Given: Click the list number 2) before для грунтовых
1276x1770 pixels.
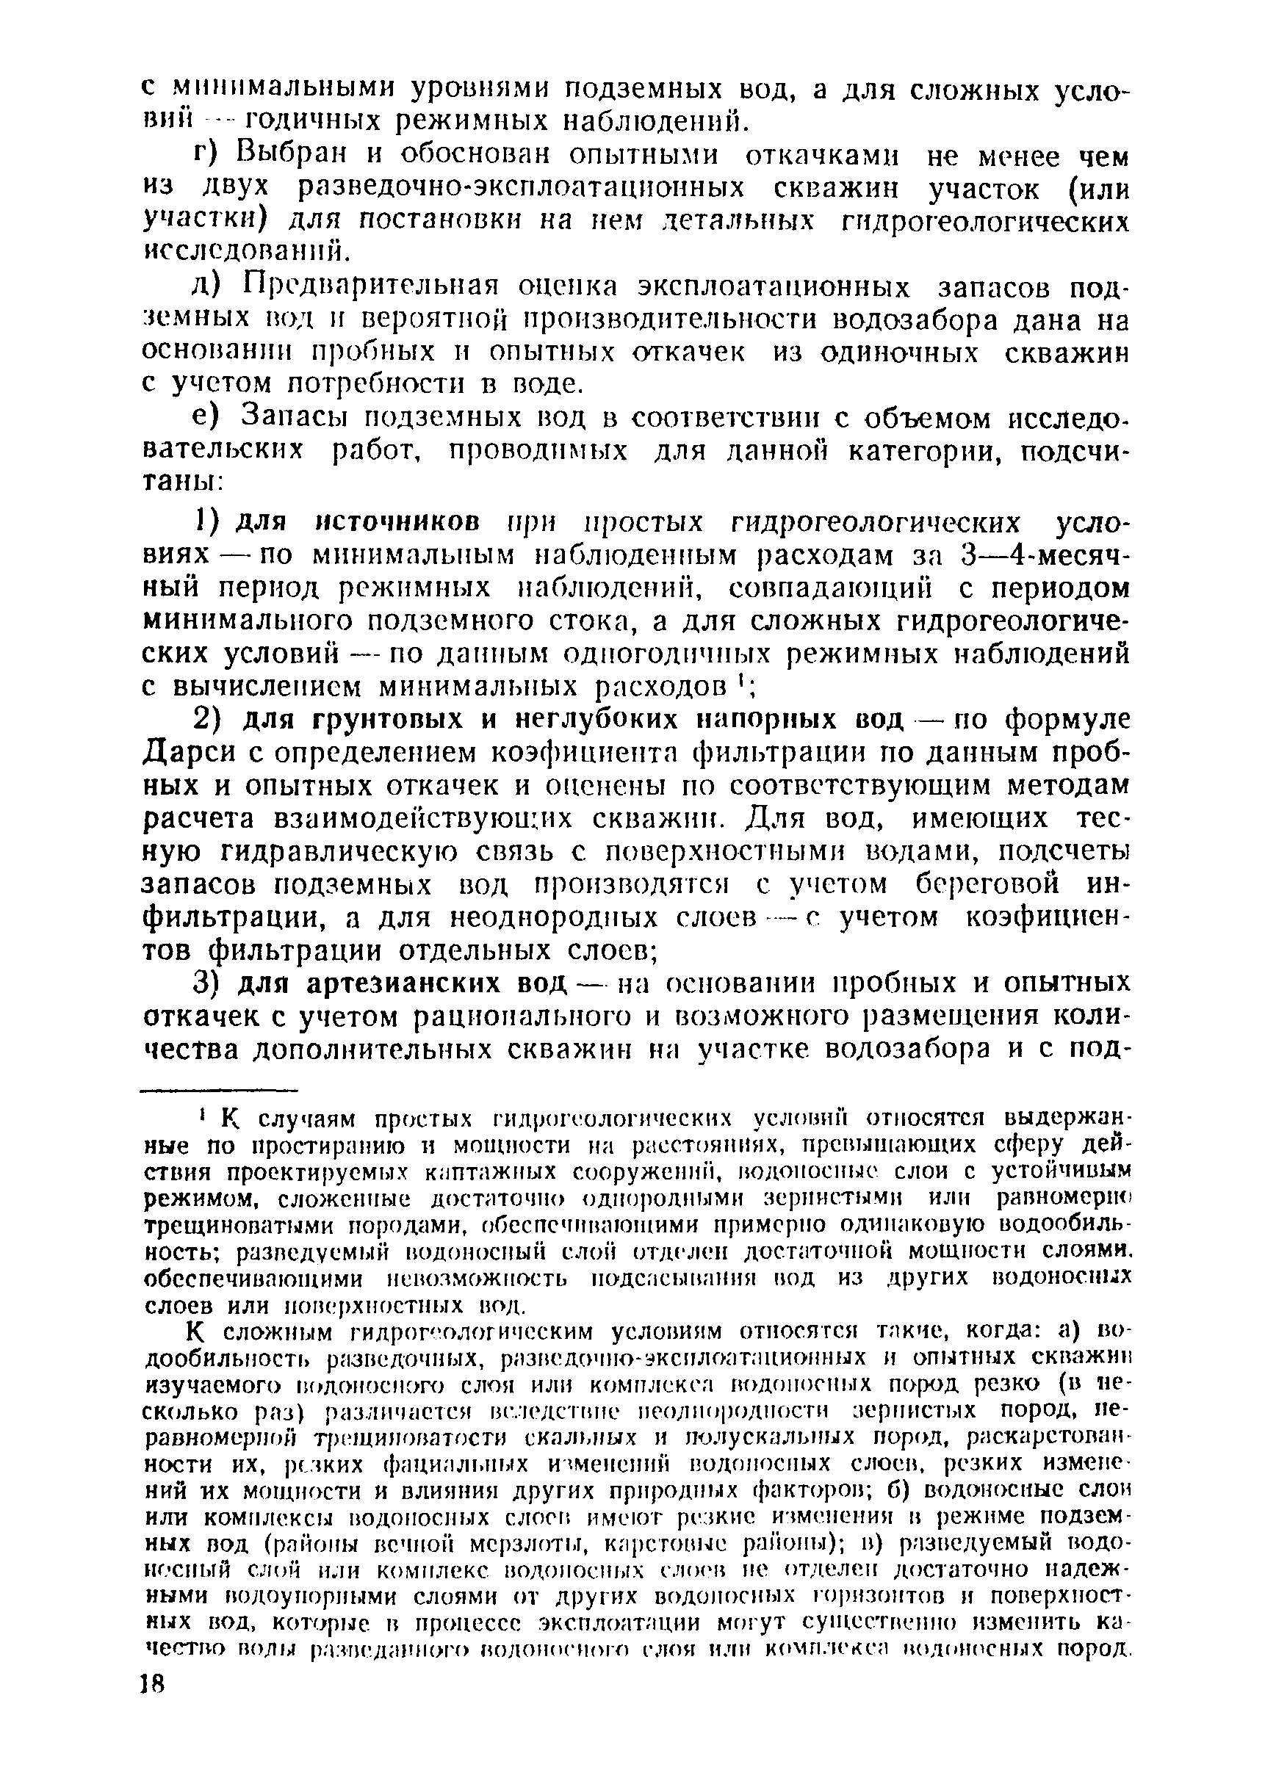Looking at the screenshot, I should tap(209, 719).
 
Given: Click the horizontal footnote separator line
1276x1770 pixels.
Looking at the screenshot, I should tap(221, 1090).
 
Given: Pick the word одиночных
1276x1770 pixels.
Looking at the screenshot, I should tap(898, 353).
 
